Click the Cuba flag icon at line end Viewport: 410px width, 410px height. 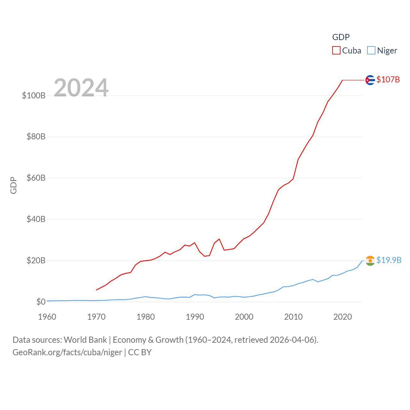point(370,80)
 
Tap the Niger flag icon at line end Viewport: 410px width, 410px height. point(370,261)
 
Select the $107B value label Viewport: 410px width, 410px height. point(388,79)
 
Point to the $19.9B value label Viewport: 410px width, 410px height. point(389,260)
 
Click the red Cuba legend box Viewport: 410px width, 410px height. point(336,51)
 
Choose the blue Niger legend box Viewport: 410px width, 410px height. point(371,51)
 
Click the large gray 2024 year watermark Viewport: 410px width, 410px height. point(81,88)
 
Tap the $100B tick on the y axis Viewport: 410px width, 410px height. point(34,95)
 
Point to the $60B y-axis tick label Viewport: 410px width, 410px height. point(36,178)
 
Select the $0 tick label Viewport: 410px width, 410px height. point(41,302)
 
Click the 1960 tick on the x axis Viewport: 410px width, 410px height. point(47,317)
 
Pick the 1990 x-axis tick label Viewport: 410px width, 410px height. point(195,317)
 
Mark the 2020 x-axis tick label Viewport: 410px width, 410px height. point(342,317)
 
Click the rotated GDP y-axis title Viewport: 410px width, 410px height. point(13,185)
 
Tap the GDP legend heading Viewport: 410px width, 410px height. point(341,37)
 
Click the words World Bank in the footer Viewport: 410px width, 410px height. point(85,340)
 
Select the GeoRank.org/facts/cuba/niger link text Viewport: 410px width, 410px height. point(67,352)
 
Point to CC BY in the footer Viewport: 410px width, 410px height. point(140,352)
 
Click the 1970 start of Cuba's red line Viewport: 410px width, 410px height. point(96,290)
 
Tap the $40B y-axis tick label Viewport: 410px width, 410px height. point(36,219)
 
